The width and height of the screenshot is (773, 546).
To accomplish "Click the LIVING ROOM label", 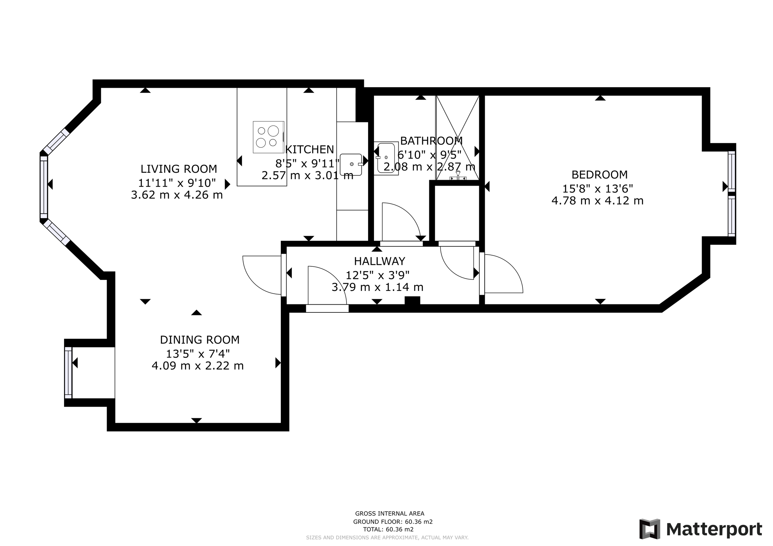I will (x=178, y=169).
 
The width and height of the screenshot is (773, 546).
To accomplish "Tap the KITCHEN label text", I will (x=310, y=149).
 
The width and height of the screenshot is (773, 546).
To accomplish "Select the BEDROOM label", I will (x=599, y=175).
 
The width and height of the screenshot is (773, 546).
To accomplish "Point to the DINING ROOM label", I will (x=200, y=340).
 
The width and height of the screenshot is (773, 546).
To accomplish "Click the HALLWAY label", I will (x=379, y=261).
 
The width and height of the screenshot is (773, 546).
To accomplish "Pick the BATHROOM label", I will (x=431, y=141).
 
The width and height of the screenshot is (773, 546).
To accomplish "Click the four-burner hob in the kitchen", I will (x=268, y=137).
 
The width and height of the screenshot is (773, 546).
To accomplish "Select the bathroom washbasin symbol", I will (x=386, y=158).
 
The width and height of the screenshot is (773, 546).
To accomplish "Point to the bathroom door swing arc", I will (x=401, y=220).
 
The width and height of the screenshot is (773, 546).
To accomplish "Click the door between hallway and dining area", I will (x=262, y=275).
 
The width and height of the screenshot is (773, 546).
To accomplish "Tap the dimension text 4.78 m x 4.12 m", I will (x=597, y=201).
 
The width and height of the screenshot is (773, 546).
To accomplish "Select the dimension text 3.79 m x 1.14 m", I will (x=377, y=287).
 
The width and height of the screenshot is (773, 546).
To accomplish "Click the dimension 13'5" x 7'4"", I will (x=198, y=354).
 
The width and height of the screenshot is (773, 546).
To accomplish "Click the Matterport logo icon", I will (x=649, y=529).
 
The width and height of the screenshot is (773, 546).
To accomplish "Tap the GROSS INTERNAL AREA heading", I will (x=389, y=514).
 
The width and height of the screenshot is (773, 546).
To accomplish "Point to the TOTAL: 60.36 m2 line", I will (x=388, y=529).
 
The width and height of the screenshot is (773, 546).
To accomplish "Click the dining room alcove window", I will (x=68, y=372).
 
